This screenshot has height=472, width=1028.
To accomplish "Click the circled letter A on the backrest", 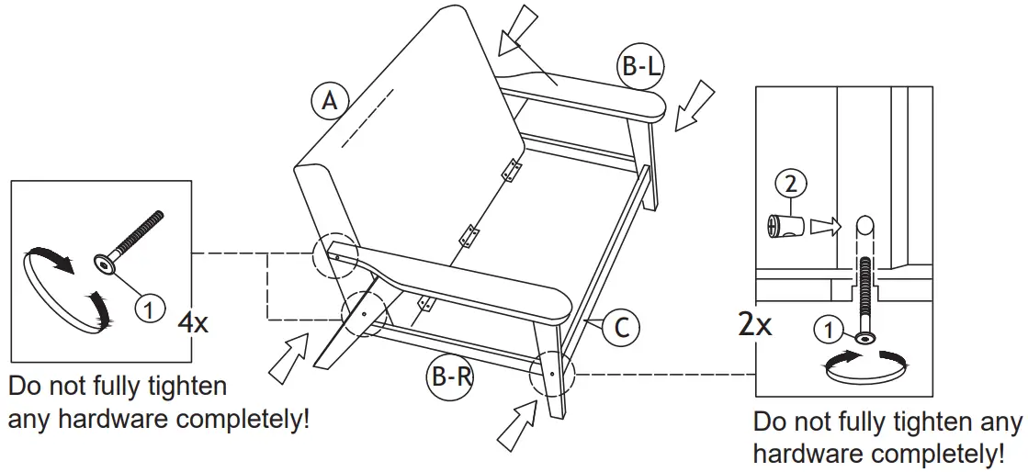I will (327, 101).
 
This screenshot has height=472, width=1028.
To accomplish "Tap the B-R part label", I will (449, 376).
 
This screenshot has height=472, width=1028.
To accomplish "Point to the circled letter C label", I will (622, 328).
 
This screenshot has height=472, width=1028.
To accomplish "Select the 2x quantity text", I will (755, 323).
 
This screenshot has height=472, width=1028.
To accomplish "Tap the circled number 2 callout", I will (791, 184).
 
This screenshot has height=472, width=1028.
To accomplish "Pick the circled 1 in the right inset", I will (827, 327).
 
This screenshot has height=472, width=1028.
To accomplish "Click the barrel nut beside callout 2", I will (785, 226).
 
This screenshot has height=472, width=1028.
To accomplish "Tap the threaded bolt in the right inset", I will (864, 294).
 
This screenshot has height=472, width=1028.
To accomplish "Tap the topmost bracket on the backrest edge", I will (511, 170).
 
